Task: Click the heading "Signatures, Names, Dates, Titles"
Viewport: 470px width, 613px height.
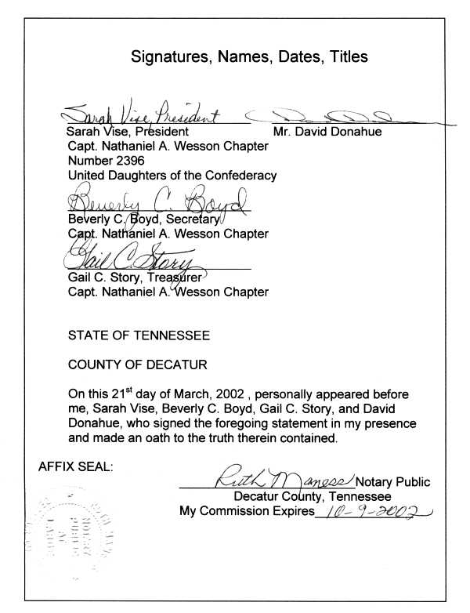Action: [248, 57]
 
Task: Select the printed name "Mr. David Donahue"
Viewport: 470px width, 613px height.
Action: [327, 132]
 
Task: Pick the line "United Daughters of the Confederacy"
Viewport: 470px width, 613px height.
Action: [172, 176]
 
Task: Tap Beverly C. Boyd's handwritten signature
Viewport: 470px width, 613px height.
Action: [157, 205]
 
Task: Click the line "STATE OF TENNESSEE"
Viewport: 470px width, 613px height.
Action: [139, 336]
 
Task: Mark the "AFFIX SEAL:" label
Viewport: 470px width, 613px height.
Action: [76, 467]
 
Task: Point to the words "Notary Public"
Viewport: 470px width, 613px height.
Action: [393, 481]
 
